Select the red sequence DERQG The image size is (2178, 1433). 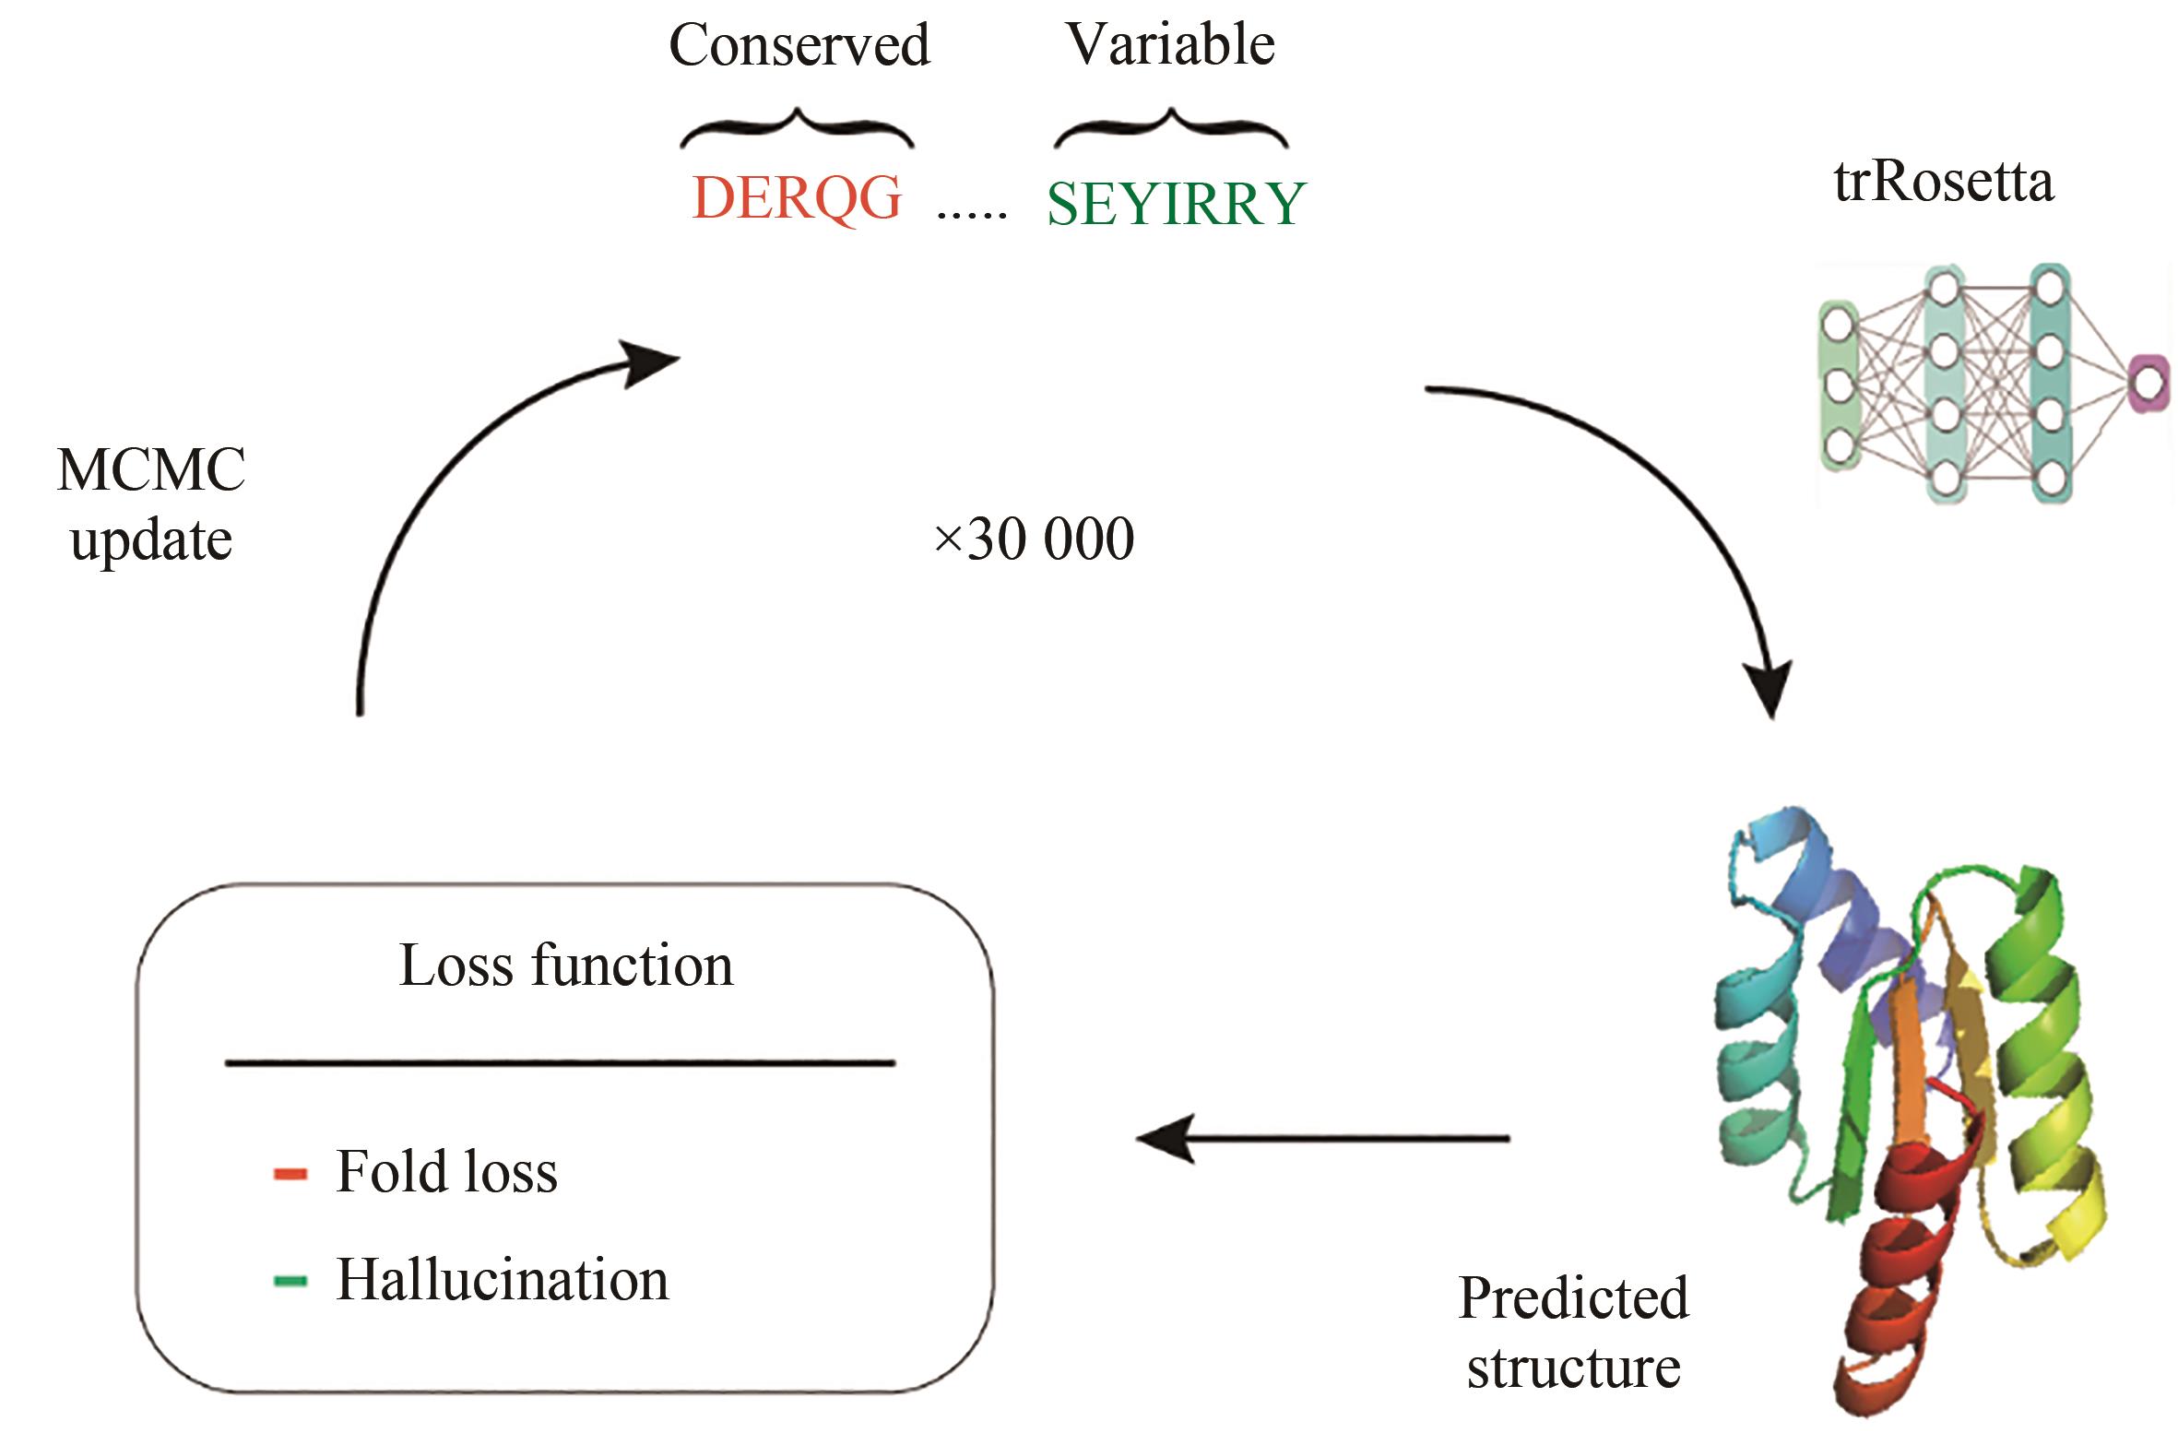tap(797, 197)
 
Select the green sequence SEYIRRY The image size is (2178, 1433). tap(1177, 204)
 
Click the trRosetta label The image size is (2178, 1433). tap(1944, 181)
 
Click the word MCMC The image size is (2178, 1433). tap(151, 469)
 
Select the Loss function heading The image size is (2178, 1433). tap(566, 965)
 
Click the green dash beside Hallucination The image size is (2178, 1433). tap(290, 1281)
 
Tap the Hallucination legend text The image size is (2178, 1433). tap(503, 1280)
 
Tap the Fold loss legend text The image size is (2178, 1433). tap(446, 1171)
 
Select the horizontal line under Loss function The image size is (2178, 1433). tap(561, 1063)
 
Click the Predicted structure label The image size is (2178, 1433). tap(1574, 1332)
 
